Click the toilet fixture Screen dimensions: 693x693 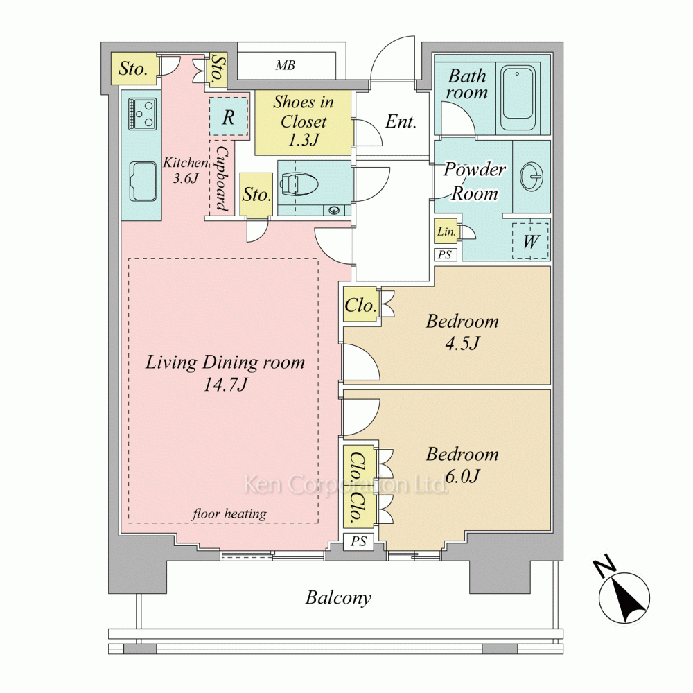pyautogui.click(x=298, y=184)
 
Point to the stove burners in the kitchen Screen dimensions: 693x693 pyautogui.click(x=143, y=114)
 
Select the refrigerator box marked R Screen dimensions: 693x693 pyautogui.click(x=228, y=117)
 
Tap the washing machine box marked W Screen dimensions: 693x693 pyautogui.click(x=530, y=241)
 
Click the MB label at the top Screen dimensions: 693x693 pyautogui.click(x=285, y=66)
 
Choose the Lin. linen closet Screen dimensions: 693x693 pyautogui.click(x=445, y=232)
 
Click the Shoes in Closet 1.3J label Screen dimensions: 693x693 pyautogui.click(x=303, y=121)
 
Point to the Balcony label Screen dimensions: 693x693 pyautogui.click(x=338, y=597)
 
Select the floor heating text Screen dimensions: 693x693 pyautogui.click(x=229, y=514)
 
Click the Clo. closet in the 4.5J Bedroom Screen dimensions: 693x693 pyautogui.click(x=360, y=305)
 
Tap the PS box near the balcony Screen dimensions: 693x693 pyautogui.click(x=358, y=541)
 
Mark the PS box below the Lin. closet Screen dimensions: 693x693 pyautogui.click(x=445, y=254)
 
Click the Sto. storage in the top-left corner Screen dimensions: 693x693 pyautogui.click(x=133, y=69)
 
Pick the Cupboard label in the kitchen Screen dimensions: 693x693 pyautogui.click(x=222, y=177)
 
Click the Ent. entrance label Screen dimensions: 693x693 pyautogui.click(x=401, y=122)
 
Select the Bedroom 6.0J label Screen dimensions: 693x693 pyautogui.click(x=462, y=464)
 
